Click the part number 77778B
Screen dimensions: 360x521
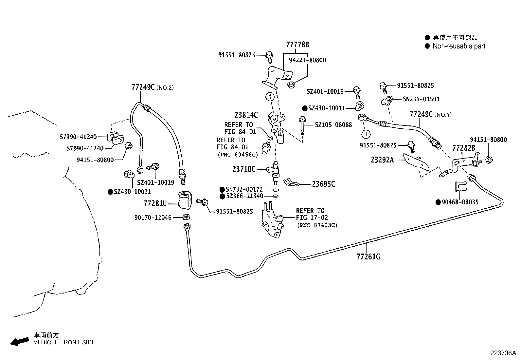(297, 45)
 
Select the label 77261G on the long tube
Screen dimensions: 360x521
(368, 257)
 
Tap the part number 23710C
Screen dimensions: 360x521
(243, 169)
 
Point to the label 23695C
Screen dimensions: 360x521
(323, 184)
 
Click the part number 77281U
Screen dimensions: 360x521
(155, 204)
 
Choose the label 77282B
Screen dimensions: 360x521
(463, 148)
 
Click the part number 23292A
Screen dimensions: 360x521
(382, 160)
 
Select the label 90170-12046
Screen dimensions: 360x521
(153, 218)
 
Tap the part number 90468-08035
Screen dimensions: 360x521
(460, 202)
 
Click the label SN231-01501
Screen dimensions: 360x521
(421, 99)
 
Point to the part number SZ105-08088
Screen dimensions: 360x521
(333, 125)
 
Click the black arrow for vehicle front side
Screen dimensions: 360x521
(19, 342)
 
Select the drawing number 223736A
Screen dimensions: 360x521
(503, 353)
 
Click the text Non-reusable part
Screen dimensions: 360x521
(459, 46)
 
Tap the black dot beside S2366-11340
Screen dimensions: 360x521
(222, 196)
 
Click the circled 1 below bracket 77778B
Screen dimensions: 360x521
(270, 97)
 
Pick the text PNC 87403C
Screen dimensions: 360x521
(317, 225)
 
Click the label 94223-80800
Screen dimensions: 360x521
(307, 60)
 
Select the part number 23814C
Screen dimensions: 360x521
(246, 115)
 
